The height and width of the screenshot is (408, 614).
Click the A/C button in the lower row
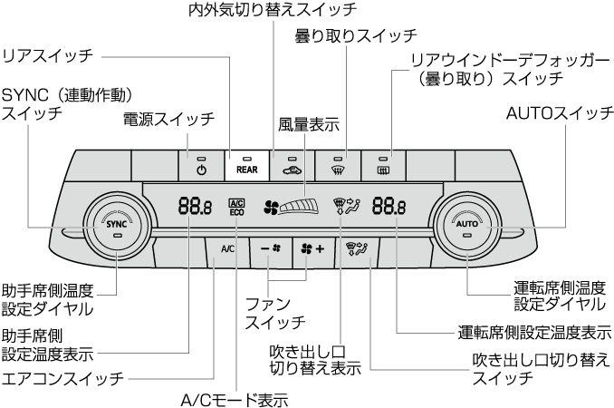pos(227,247)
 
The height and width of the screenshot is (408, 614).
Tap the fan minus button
pos(271,247)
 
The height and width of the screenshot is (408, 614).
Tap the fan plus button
pos(312,247)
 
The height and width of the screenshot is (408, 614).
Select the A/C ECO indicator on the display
pos(236,206)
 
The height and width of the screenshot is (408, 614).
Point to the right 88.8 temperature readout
pos(389,206)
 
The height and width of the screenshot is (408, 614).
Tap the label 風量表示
pos(310,124)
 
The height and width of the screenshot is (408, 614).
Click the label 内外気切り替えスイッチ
pos(273,10)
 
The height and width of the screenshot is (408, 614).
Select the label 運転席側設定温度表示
pos(534,332)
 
